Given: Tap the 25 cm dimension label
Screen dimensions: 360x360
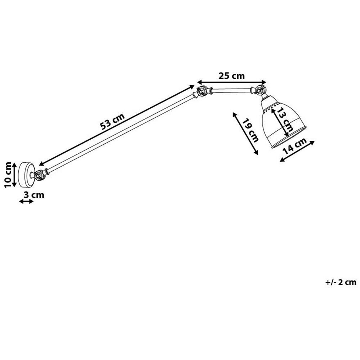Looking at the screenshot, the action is pos(231,76).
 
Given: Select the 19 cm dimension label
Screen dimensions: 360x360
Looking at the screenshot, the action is pos(251,130).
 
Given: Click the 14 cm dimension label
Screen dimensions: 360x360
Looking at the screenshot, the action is pos(294,146).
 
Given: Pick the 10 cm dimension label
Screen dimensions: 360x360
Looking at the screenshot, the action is pos(8,175).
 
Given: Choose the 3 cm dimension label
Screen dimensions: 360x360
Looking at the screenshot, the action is pos(34,195).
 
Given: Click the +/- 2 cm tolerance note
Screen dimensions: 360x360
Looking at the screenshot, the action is pos(341,282).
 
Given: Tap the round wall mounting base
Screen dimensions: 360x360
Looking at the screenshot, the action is pos(26,175).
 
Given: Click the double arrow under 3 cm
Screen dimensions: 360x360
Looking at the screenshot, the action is pos(26,202).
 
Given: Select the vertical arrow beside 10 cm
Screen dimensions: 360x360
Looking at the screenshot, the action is pos(14,175).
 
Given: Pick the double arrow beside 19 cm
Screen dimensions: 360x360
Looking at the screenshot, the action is pos(246,134).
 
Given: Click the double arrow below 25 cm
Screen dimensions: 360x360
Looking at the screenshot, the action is pos(231,82).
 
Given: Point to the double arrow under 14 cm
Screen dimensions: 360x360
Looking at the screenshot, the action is pos(297,151).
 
